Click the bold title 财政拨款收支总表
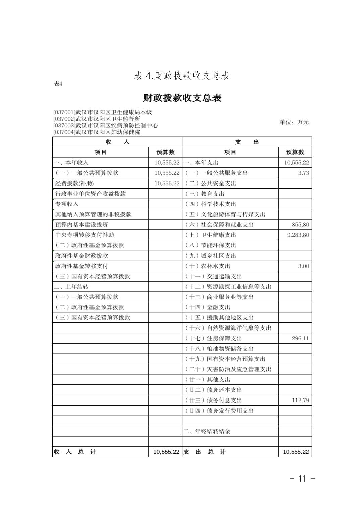[182, 98]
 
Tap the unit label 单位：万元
[294, 122]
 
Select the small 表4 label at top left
[58, 84]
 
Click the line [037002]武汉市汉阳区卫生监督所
[97, 119]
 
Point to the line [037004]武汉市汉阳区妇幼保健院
[97, 132]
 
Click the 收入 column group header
[117, 142]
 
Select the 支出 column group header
[247, 142]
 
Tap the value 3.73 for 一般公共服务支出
[303, 173]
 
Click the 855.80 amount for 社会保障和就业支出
[300, 225]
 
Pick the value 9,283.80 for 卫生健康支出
[298, 235]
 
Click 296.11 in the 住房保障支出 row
[300, 338]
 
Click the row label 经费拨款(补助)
[74, 184]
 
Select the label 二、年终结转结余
[207, 431]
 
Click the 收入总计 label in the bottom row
[75, 452]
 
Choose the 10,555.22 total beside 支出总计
[296, 452]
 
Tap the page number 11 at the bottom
[302, 478]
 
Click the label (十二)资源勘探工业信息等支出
[228, 287]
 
